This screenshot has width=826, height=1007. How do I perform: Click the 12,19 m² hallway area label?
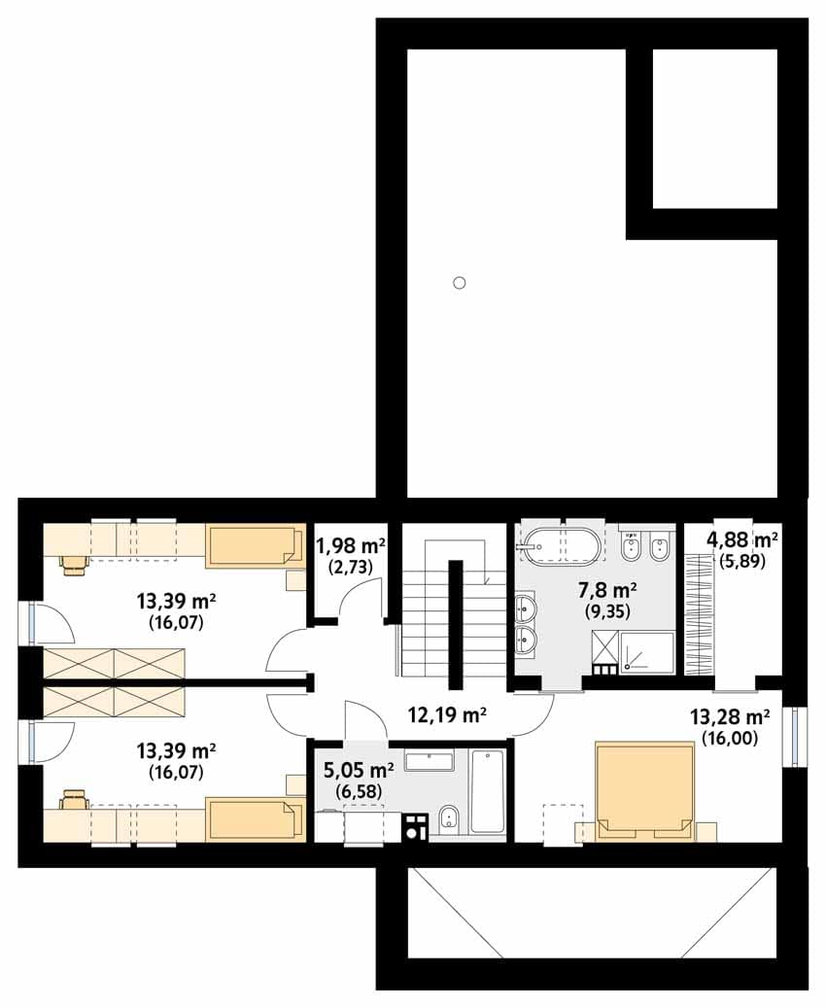tap(447, 714)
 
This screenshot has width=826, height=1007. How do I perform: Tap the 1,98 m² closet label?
tap(350, 546)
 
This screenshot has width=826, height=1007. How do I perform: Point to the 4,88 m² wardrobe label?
tap(742, 538)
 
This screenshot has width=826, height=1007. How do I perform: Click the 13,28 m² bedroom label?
tap(730, 716)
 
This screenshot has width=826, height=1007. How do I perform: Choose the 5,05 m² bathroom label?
tap(359, 769)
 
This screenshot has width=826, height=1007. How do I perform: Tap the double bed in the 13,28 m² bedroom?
tap(645, 791)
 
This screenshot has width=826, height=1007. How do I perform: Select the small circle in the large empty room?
tap(459, 283)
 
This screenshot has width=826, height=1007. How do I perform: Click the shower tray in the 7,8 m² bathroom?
tap(646, 653)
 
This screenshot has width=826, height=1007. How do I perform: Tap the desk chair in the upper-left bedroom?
tap(73, 561)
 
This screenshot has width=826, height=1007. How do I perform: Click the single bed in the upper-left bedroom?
tap(255, 546)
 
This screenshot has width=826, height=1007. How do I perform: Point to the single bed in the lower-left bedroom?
tap(255, 819)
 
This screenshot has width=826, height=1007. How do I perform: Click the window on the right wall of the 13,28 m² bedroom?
tap(797, 736)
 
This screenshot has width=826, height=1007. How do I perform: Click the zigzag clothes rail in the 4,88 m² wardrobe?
tap(699, 614)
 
